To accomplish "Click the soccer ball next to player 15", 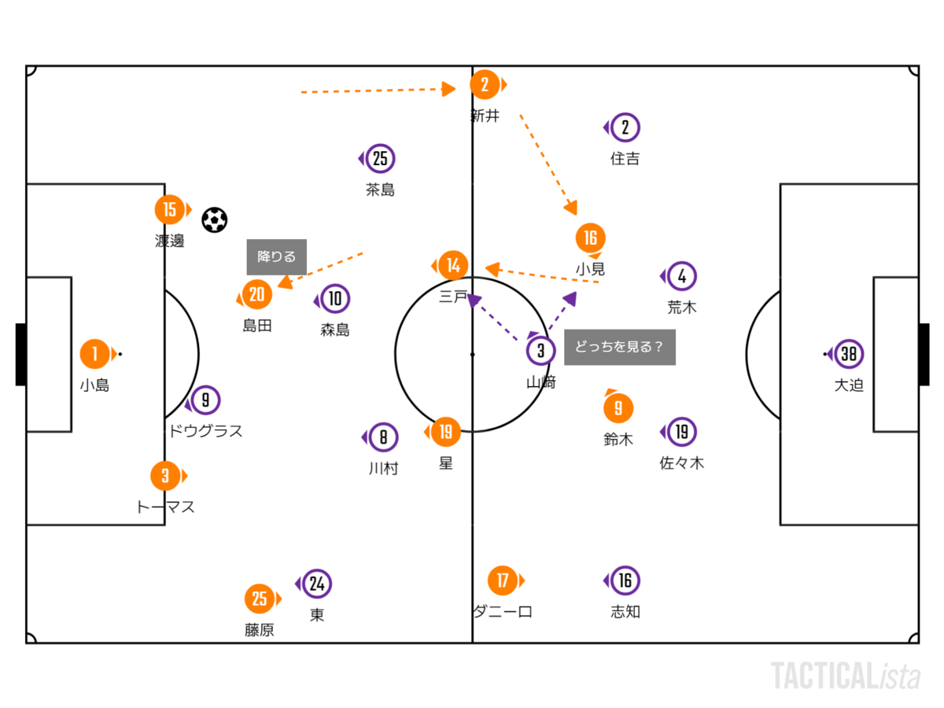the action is point(214,219).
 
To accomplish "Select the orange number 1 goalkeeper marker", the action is point(95,354).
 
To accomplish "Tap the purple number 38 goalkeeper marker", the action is point(849,354).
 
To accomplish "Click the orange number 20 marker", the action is point(256,295).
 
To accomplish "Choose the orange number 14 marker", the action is point(452,266).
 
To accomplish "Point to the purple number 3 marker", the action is point(540,351).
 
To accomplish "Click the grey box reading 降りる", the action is point(277,256).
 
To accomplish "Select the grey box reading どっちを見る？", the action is point(619,347).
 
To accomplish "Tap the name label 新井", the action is point(485,116).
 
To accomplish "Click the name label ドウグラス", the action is point(205,431).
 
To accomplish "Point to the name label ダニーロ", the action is point(503,611).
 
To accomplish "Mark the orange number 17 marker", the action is point(502,581).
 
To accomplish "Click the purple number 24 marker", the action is point(316,584).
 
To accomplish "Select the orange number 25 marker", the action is point(260,599).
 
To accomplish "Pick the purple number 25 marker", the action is point(380,159).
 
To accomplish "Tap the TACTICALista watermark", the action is point(845,677).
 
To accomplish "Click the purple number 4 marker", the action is point(681,276).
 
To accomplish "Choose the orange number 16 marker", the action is point(590,238).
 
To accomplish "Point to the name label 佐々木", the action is point(681,463).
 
